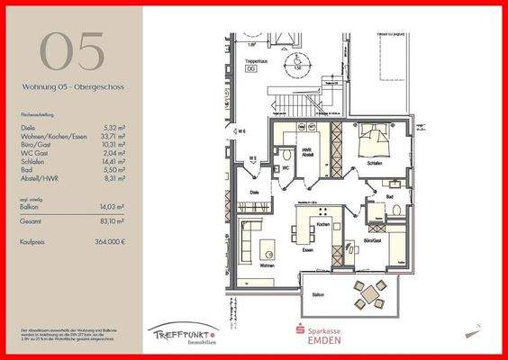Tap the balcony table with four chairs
click(367, 293)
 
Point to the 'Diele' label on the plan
click(255, 192)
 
